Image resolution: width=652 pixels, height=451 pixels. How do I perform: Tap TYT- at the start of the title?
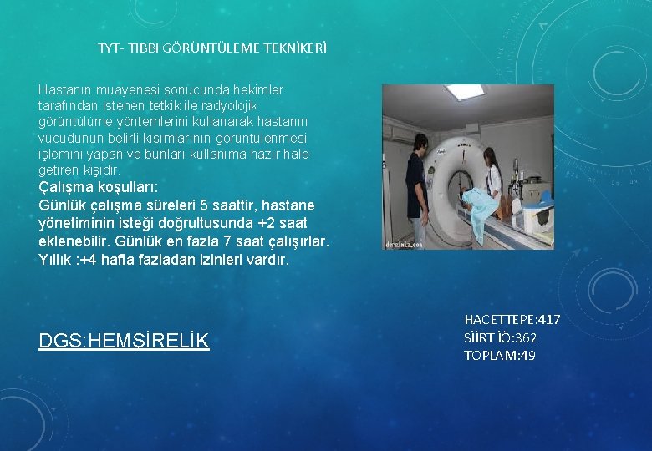pos(110,48)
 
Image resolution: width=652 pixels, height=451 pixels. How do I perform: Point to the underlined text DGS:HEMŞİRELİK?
pos(124,341)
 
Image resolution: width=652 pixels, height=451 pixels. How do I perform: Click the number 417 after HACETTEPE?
pos(549,320)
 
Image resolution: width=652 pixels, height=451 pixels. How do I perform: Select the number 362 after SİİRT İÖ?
pos(525,338)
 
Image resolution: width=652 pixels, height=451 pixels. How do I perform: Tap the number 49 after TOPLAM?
pos(527,356)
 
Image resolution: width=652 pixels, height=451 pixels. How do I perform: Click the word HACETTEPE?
pos(500,320)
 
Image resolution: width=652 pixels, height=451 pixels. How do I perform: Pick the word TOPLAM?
pos(489,356)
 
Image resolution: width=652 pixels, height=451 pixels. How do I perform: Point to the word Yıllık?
pos(55,260)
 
